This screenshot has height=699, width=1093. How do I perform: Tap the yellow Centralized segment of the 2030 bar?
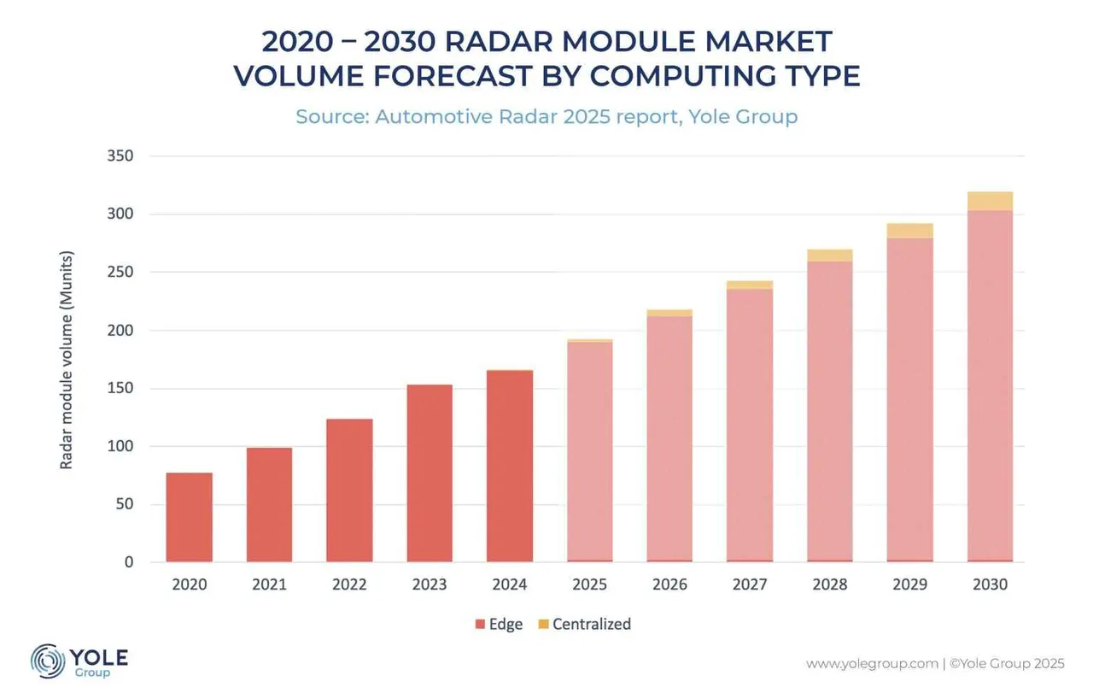990,202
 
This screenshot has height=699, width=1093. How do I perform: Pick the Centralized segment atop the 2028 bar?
829,256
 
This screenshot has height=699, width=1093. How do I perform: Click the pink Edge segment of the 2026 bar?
669,438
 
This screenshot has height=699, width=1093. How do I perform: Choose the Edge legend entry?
499,624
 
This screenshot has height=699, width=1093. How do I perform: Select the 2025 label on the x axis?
589,585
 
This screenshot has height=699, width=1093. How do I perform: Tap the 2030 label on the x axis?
990,585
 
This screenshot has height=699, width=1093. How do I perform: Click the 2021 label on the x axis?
269,585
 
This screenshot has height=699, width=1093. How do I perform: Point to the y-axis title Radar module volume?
66,359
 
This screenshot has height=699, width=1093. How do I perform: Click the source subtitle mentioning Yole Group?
546,116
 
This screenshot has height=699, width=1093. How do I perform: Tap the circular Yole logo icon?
48,661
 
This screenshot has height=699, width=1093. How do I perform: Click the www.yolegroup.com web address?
871,664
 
